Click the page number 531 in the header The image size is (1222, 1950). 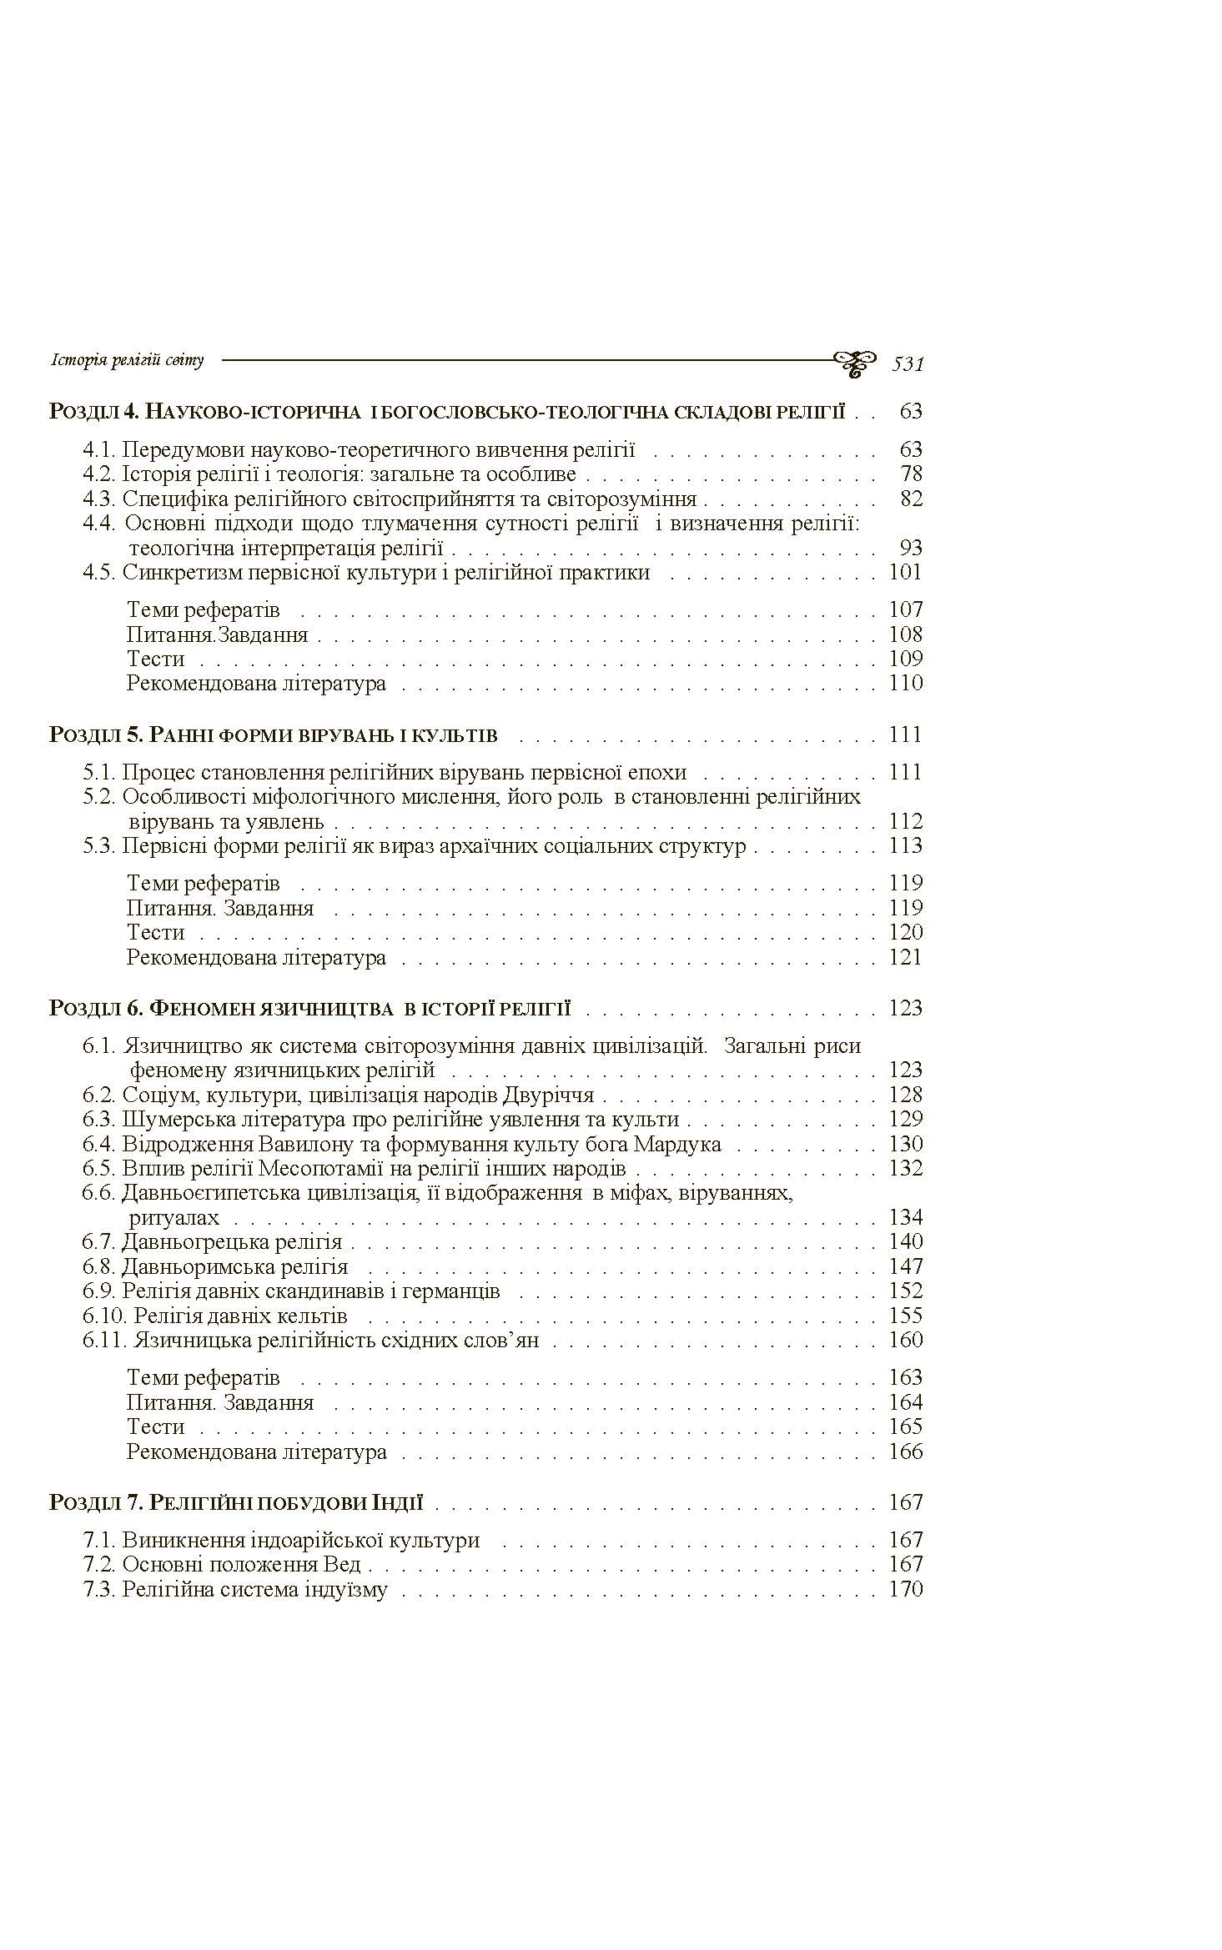[x=908, y=363]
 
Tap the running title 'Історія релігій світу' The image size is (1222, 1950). [x=127, y=360]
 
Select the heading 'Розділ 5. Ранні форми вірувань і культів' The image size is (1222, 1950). [x=274, y=734]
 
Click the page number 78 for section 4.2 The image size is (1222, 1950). [x=911, y=474]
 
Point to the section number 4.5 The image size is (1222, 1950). [x=99, y=572]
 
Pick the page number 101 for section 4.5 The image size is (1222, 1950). [x=906, y=572]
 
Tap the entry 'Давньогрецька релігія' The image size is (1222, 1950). [x=232, y=1241]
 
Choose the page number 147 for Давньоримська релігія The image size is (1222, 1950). [x=906, y=1266]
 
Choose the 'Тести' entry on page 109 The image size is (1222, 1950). [x=155, y=659]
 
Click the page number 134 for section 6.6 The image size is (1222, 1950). [x=906, y=1217]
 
